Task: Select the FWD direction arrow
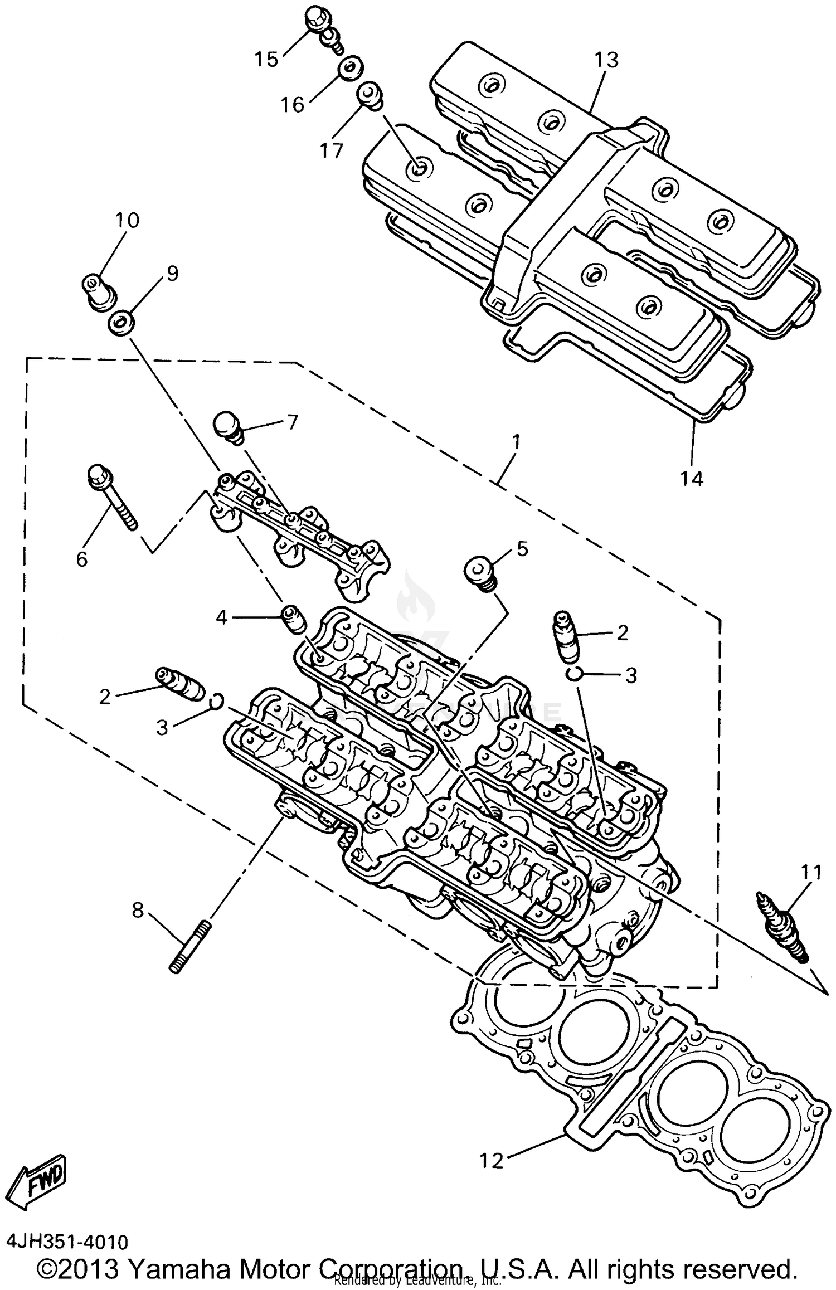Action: point(40,1174)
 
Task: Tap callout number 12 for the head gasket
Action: point(492,1160)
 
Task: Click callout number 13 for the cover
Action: point(606,60)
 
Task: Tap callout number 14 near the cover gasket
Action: point(691,478)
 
